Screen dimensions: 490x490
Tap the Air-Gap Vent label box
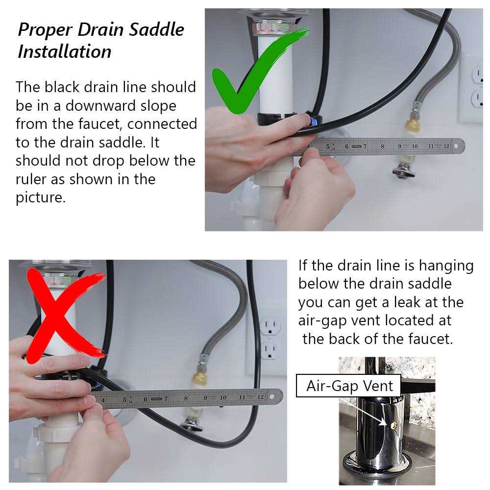click(348, 386)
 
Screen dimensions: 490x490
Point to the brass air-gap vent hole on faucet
click(394, 425)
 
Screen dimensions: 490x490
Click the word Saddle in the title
click(157, 30)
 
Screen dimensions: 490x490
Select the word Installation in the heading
click(64, 51)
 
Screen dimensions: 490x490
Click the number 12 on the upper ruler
click(446, 146)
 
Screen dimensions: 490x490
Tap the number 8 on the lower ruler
click(186, 398)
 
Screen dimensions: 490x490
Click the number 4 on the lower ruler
click(103, 400)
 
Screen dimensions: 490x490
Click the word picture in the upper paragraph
click(41, 198)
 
